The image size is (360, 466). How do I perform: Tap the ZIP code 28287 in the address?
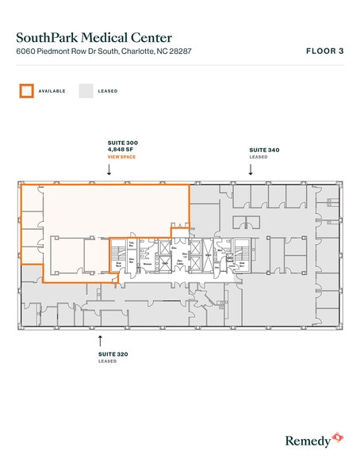pyautogui.click(x=179, y=52)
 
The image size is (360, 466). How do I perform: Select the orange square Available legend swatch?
pyautogui.click(x=26, y=90)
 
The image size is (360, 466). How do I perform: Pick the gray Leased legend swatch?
pyautogui.click(x=85, y=90)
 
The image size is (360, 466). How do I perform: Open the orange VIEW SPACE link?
pyautogui.click(x=122, y=158)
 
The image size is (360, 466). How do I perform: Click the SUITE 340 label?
pyautogui.click(x=263, y=150)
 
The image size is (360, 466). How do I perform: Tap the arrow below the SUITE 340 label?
pyautogui.click(x=251, y=170)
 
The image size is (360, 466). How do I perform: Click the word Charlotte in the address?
pyautogui.click(x=140, y=52)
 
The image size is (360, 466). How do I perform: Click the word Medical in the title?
pyautogui.click(x=101, y=37)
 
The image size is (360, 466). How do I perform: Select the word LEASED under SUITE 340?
pyautogui.click(x=259, y=157)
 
